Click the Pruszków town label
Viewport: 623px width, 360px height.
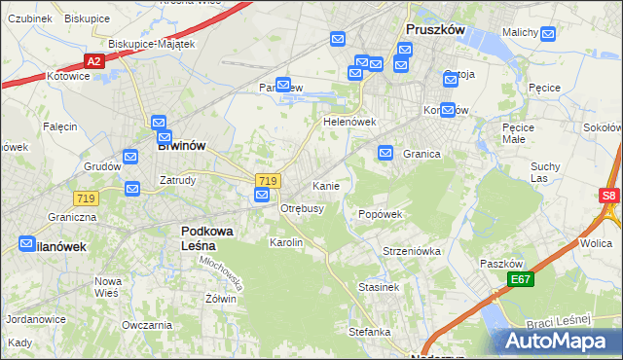click(x=434, y=30)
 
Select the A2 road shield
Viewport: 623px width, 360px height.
click(x=93, y=61)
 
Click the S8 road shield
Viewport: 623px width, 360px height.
click(x=608, y=196)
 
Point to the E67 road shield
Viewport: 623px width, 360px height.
click(x=521, y=280)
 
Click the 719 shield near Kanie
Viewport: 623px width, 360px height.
click(x=268, y=181)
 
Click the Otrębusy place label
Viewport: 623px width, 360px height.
click(x=302, y=208)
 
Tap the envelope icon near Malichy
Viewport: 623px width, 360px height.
click(x=548, y=35)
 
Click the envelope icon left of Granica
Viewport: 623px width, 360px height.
click(x=385, y=153)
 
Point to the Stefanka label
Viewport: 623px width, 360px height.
click(x=370, y=332)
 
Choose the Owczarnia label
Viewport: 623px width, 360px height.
click(x=140, y=324)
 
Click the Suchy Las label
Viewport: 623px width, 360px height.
click(x=545, y=172)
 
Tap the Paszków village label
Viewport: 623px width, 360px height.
click(x=502, y=264)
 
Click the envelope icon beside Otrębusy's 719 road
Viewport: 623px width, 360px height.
click(x=262, y=196)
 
